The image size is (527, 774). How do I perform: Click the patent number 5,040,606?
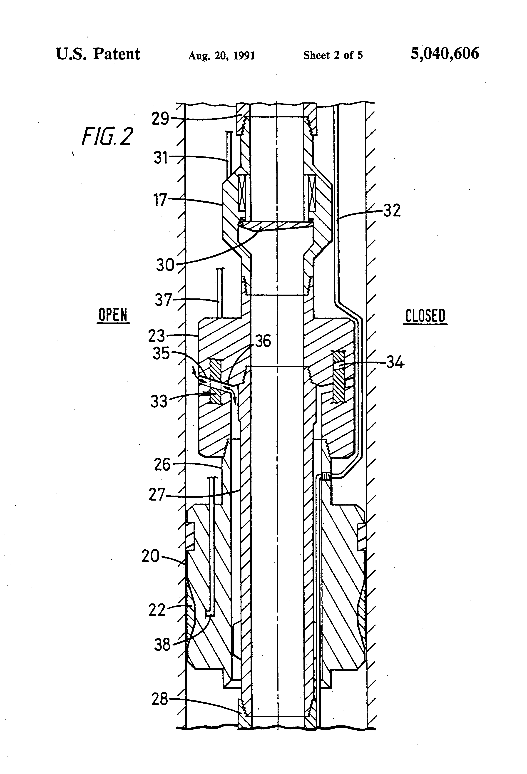pyautogui.click(x=445, y=54)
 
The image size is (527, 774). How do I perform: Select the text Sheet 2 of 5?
pyautogui.click(x=333, y=55)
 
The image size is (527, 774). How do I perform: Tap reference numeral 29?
pyautogui.click(x=160, y=119)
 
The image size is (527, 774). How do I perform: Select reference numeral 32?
pyautogui.click(x=392, y=211)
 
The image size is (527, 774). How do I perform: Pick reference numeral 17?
pyautogui.click(x=160, y=200)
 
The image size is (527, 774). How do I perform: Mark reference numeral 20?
pyautogui.click(x=151, y=556)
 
